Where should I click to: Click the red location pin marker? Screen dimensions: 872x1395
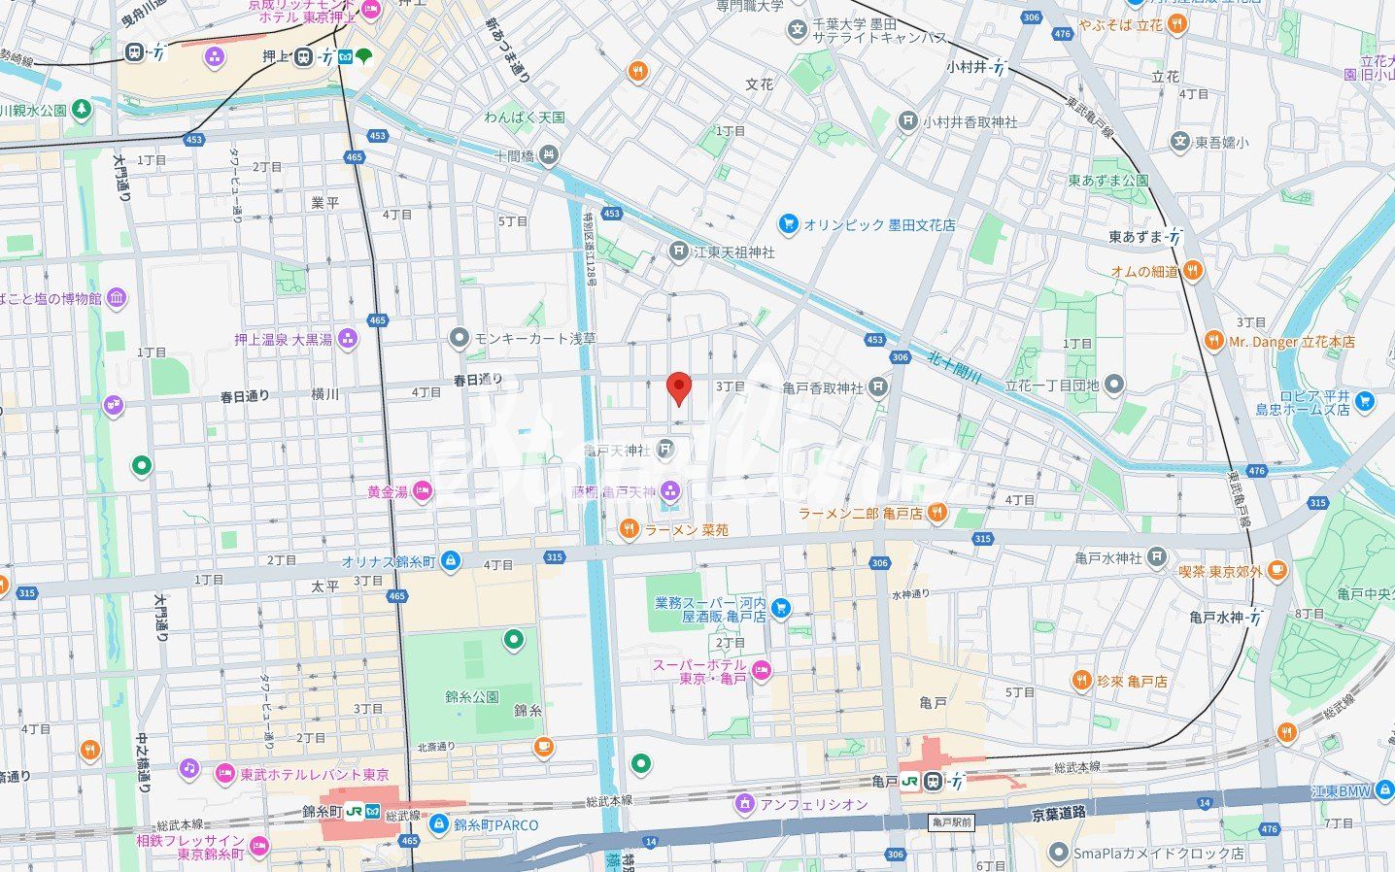tap(680, 387)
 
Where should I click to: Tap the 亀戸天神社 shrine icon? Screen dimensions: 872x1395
tap(665, 449)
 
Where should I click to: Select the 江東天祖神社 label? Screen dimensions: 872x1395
tap(733, 252)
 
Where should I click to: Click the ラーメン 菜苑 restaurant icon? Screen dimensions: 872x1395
tap(629, 529)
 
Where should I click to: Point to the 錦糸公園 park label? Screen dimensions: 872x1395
tap(472, 696)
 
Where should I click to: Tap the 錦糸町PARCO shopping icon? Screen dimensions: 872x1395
tap(438, 824)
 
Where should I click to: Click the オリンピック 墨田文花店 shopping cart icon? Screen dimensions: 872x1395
tap(788, 224)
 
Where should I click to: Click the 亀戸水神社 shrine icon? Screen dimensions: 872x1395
tap(1156, 557)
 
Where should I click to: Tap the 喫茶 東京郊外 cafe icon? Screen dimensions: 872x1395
tap(1277, 571)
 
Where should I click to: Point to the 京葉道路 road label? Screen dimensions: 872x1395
tap(1058, 812)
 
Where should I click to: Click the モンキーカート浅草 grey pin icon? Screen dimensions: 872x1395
tap(459, 338)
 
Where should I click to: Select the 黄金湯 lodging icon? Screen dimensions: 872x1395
tap(423, 491)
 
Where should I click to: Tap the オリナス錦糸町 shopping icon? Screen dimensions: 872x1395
tap(450, 561)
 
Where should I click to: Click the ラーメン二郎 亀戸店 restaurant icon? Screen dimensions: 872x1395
tap(936, 513)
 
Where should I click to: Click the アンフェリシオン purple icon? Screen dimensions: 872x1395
tap(745, 803)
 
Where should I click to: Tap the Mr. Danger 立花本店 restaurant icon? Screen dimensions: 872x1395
tap(1213, 341)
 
